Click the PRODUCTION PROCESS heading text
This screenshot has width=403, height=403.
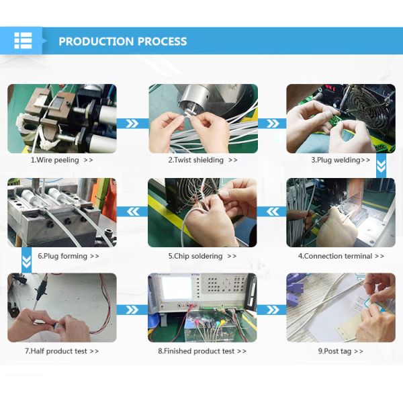[123, 42]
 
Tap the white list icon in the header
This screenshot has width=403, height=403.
[23, 40]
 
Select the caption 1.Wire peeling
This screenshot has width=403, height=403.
[55, 160]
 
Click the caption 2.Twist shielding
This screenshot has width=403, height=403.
[196, 160]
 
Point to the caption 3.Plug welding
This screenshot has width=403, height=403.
[336, 160]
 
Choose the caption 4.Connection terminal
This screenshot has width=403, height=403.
[335, 256]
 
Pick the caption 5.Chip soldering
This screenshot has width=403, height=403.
[195, 256]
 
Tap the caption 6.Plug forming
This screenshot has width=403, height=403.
[62, 256]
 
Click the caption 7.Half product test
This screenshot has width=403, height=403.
[56, 351]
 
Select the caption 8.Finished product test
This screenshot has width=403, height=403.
[196, 351]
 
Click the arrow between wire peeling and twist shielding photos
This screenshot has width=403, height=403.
[132, 124]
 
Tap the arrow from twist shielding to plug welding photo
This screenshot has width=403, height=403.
[273, 124]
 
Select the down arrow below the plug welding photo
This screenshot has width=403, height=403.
[381, 166]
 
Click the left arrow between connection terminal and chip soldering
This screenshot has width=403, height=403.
[273, 212]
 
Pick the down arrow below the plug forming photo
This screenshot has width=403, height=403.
[26, 260]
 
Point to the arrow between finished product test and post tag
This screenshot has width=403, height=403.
[272, 310]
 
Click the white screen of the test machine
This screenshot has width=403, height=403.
[177, 288]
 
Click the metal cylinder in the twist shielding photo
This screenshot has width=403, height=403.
[195, 99]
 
